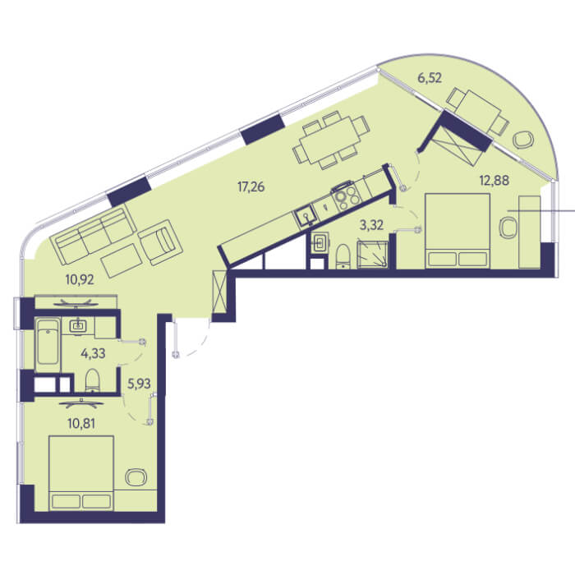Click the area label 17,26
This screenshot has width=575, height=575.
(x=251, y=187)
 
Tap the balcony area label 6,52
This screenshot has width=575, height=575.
(x=430, y=78)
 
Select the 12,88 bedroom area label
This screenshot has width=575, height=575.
(x=494, y=181)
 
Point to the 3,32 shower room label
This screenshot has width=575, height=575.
(x=371, y=225)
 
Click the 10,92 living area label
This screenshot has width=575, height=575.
(x=80, y=280)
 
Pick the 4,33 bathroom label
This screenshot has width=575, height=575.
(x=93, y=353)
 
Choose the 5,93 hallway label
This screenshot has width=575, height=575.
(x=139, y=384)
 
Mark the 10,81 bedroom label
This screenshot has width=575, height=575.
(x=81, y=424)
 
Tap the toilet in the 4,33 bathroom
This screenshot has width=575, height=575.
(x=92, y=379)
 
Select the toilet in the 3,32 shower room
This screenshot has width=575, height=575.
(x=343, y=256)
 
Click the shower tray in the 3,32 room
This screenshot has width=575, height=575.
(x=373, y=255)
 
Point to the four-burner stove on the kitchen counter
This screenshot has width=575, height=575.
(x=346, y=196)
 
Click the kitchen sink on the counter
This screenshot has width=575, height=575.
(x=305, y=215)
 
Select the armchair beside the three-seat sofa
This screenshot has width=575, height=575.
(x=161, y=242)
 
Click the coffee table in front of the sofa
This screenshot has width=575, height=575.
(x=122, y=260)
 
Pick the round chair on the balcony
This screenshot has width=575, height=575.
(x=523, y=140)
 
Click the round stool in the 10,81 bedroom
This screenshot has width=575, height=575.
(x=136, y=476)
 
